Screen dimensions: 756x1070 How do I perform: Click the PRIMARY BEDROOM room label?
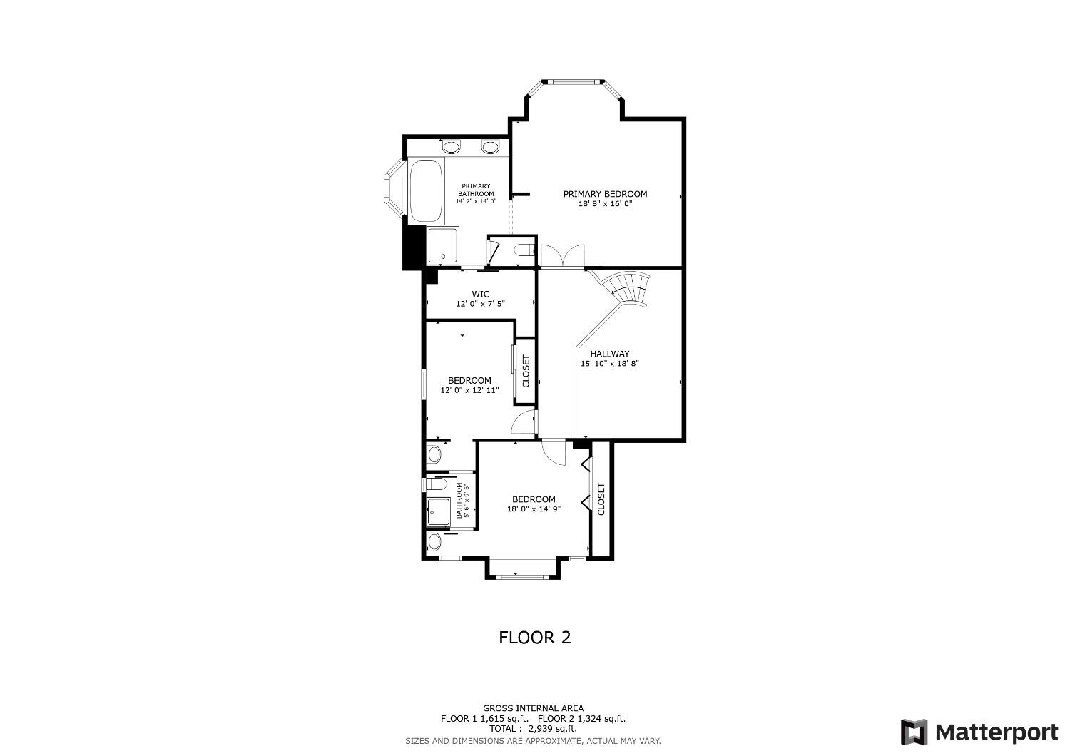click(605, 194)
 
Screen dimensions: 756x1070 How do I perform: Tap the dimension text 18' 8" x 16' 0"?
click(605, 204)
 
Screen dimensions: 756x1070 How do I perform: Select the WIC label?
click(481, 294)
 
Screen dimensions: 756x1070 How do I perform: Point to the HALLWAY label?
click(609, 354)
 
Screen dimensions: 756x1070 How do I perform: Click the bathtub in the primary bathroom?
click(426, 190)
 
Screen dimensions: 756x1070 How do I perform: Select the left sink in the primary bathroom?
click(451, 148)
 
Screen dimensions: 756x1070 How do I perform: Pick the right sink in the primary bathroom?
click(490, 148)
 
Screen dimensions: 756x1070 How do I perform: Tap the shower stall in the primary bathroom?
click(444, 246)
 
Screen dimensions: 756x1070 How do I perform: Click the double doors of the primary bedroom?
click(562, 255)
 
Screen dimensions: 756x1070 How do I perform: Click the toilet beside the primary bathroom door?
click(524, 250)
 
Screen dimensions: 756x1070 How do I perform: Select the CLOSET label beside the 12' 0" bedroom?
click(526, 372)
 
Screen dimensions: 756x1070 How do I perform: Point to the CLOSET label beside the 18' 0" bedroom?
click(601, 499)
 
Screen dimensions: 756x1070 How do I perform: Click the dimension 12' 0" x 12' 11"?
click(469, 390)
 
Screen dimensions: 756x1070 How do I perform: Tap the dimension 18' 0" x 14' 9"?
click(534, 509)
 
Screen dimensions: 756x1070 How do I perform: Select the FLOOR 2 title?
click(534, 637)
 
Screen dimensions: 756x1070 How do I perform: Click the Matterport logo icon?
click(914, 732)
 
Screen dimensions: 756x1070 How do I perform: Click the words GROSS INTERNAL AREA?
click(533, 708)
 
